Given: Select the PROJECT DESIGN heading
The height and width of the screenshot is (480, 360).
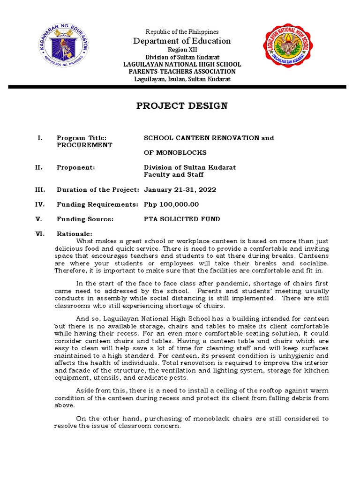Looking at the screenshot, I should click(x=182, y=105).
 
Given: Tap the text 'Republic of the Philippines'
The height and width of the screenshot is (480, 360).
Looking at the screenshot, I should click(x=182, y=32).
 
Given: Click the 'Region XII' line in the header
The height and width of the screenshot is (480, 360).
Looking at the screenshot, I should click(x=182, y=50).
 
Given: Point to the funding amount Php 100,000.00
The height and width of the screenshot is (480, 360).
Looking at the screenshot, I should click(x=171, y=204).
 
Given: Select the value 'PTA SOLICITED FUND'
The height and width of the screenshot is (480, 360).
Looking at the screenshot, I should click(x=181, y=219).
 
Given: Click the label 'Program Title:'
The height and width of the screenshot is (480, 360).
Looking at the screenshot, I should click(x=82, y=138).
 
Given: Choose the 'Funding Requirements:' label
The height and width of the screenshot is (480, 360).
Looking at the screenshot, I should click(x=97, y=204).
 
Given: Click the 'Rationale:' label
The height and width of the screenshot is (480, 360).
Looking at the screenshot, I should click(x=75, y=234).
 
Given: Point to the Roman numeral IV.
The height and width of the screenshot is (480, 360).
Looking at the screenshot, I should click(x=40, y=204).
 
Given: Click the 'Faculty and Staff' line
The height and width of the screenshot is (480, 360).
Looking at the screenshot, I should click(x=173, y=175).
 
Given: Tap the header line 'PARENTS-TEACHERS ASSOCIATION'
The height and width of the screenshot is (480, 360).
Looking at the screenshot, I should click(x=182, y=71).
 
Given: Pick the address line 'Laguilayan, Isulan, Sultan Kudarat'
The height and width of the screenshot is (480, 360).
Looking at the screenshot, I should click(x=182, y=79).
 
